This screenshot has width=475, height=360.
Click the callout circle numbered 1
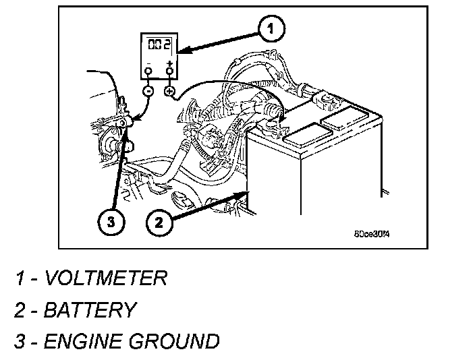[x=270, y=29]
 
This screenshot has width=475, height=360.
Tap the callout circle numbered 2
[x=158, y=222]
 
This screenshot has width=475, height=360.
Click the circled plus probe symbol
[x=169, y=91]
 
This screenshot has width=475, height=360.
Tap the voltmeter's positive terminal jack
[x=170, y=69]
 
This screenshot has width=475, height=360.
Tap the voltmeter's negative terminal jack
[x=148, y=69]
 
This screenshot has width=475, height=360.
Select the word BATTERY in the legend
[x=90, y=309]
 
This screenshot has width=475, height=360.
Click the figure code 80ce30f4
[x=372, y=235]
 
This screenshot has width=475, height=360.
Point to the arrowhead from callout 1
[x=179, y=50]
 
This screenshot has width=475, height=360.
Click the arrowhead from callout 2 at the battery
[x=244, y=194]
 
